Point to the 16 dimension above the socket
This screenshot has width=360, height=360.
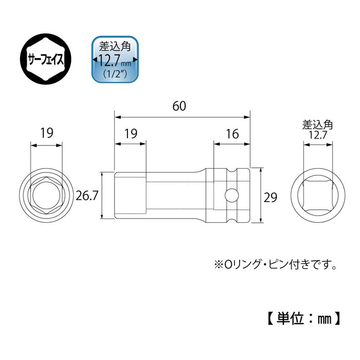(232, 134)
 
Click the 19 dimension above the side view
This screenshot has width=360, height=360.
(130, 134)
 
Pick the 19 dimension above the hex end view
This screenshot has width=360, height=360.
(47, 133)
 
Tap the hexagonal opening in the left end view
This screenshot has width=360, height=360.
(47, 195)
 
